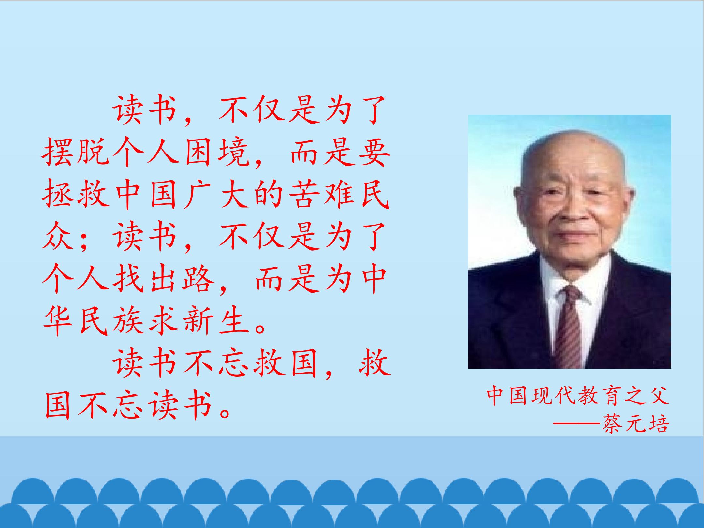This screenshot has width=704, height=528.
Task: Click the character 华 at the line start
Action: coord(59,322)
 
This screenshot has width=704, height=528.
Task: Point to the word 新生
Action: coord(217,322)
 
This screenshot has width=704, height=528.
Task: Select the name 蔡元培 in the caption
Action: coord(635,424)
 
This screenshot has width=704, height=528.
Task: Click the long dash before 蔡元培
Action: coord(577,424)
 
